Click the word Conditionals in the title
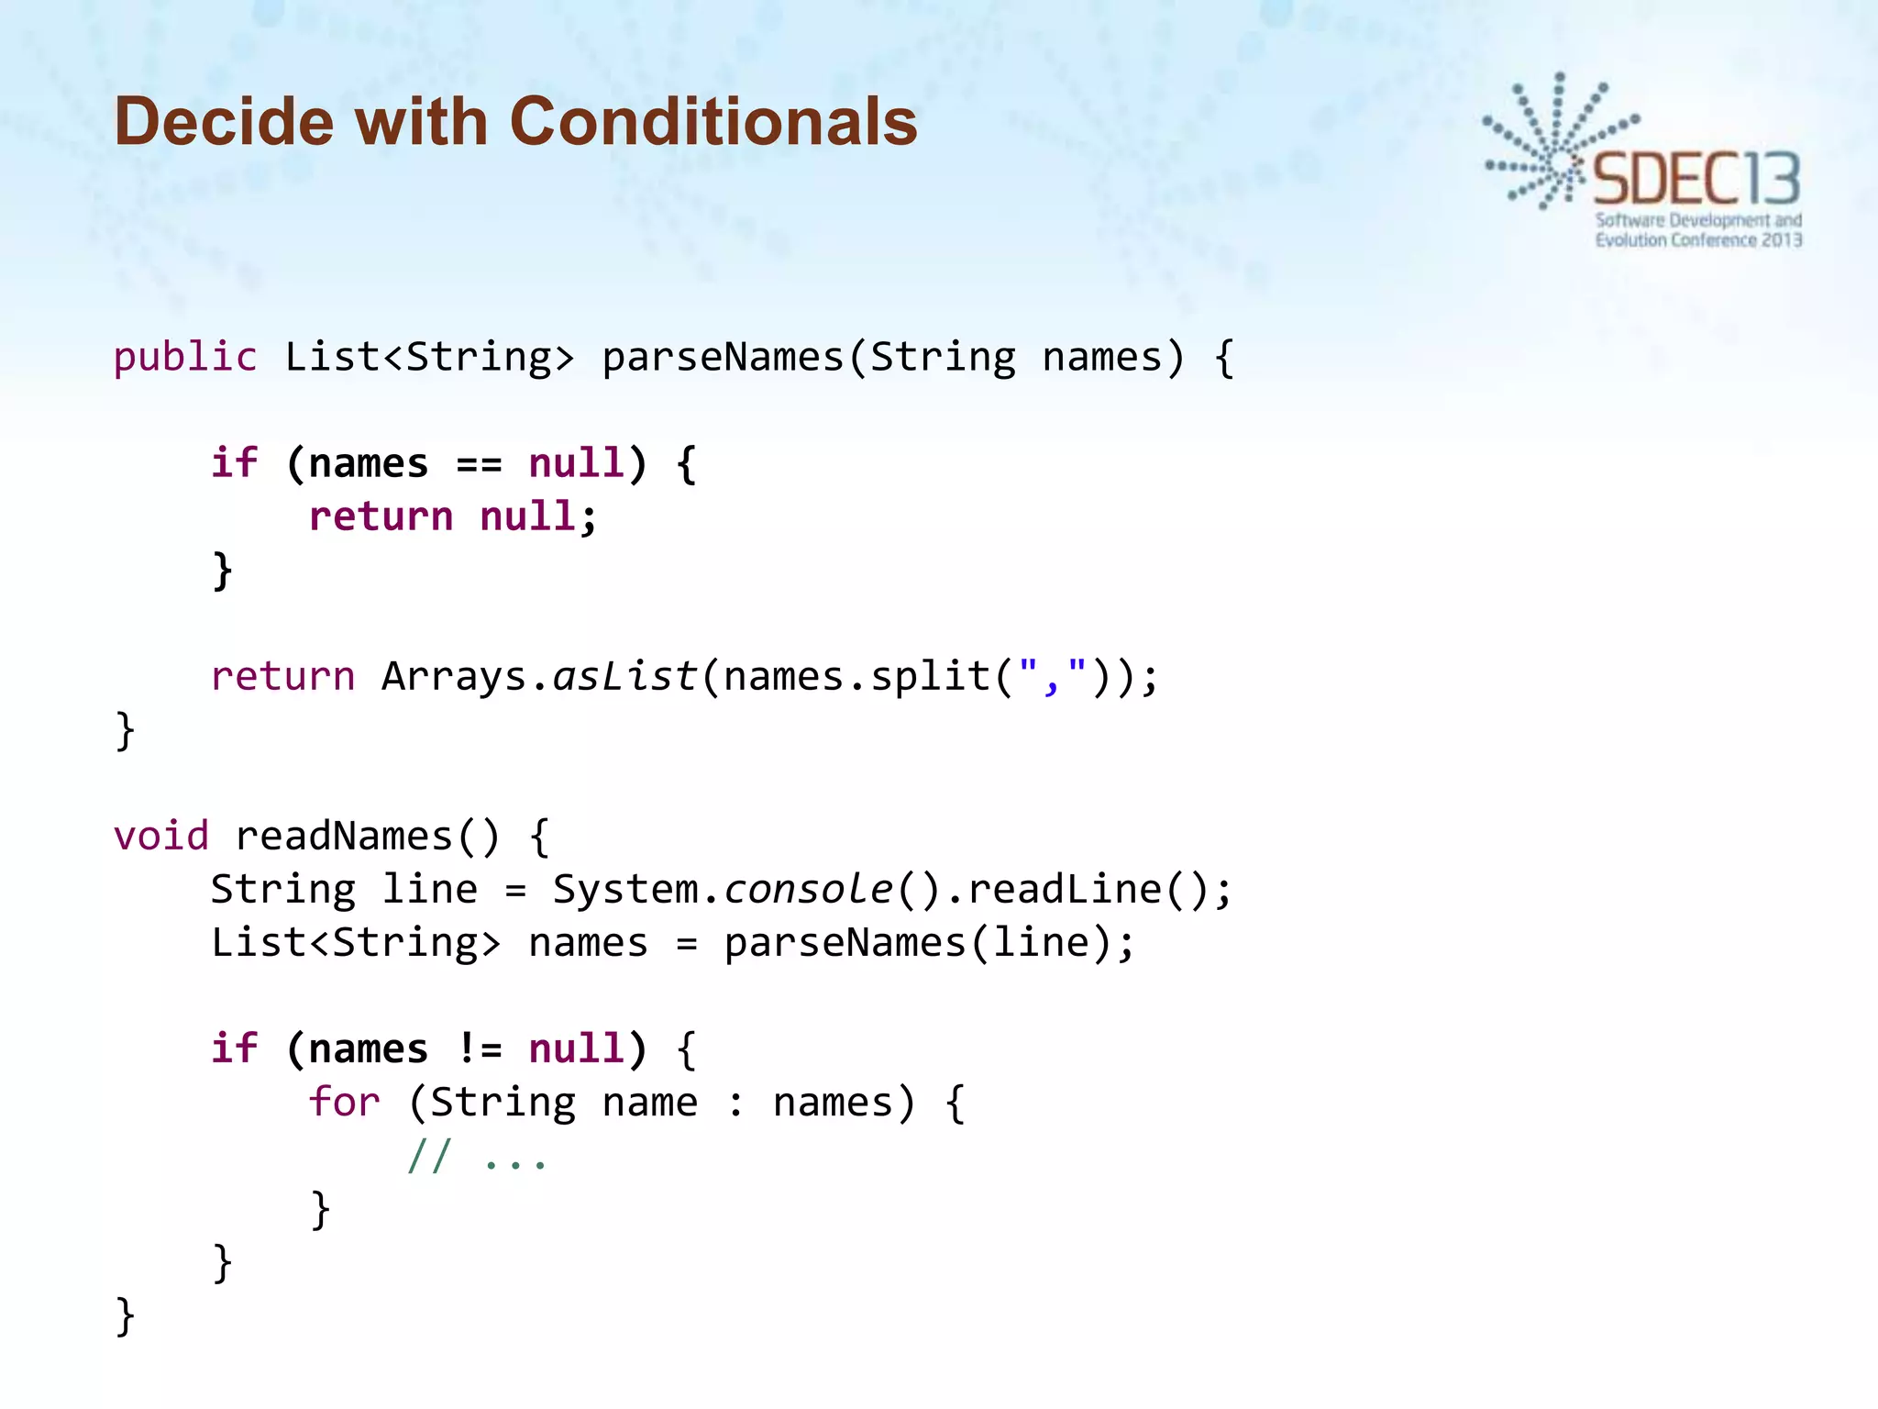[713, 121]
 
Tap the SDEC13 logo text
[1696, 179]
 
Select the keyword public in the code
[185, 357]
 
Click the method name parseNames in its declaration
[723, 357]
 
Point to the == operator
[479, 464]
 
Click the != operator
[479, 1048]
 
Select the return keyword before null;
[381, 516]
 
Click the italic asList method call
[624, 677]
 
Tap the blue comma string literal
[1052, 675]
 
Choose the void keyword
[161, 837]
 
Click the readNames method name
[344, 837]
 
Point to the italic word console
[808, 890]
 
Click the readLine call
[1064, 890]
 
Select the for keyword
[344, 1102]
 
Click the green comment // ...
[429, 1156]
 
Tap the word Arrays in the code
[454, 677]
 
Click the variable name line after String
[429, 890]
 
